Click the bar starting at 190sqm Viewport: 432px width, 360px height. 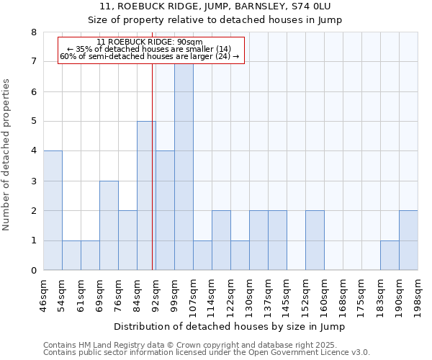408,240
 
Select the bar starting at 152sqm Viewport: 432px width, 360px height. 315,240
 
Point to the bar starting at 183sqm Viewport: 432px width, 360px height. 390,256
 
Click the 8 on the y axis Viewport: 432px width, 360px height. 33,32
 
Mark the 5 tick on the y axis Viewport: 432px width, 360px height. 33,122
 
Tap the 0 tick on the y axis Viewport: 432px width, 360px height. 33,271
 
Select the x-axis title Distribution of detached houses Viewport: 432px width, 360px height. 230,327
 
